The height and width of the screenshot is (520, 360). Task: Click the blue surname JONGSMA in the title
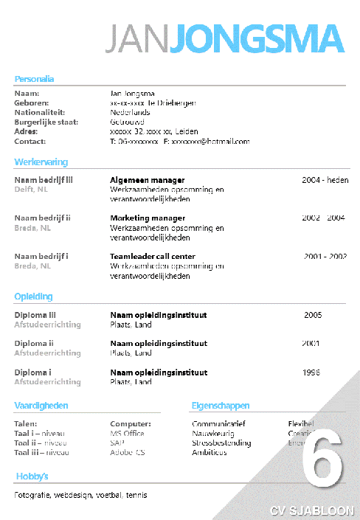pos(256,39)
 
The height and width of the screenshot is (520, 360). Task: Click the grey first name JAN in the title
pos(138,39)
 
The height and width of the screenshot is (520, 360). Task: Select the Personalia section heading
pos(34,79)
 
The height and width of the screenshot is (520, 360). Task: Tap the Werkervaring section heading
pos(41,162)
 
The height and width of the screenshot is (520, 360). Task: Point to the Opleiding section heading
pos(33,297)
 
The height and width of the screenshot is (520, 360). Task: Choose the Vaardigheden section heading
pos(41,405)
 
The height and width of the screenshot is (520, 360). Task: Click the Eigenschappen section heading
pos(220,405)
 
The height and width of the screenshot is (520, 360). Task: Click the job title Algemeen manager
pos(147,180)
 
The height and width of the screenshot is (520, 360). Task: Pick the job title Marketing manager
pos(148,218)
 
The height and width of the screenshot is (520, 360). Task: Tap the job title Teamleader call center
pos(152,257)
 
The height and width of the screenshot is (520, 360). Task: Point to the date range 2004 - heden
pos(325,180)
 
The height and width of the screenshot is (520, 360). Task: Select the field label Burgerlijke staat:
pos(41,122)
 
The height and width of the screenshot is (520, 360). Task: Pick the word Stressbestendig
pos(221,443)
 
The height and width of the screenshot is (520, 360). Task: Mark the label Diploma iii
pos(35,315)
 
